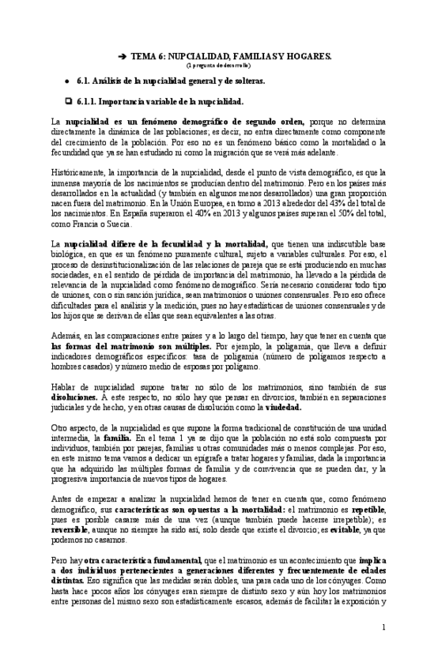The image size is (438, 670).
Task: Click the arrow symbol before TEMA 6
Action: (x=122, y=58)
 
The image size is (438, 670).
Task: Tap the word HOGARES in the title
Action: (x=308, y=58)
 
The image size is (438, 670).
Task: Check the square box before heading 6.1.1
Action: (x=69, y=101)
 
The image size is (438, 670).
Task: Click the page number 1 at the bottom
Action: (x=384, y=627)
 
